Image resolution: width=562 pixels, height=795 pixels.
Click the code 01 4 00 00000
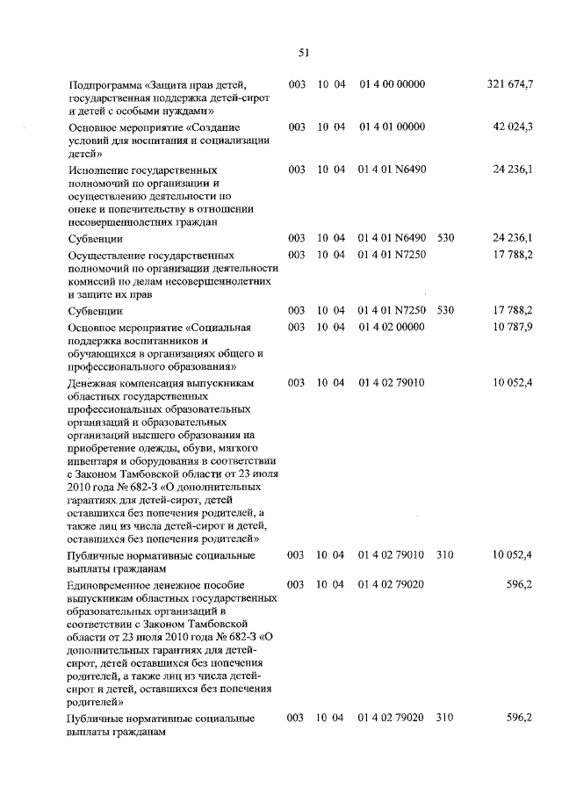point(392,83)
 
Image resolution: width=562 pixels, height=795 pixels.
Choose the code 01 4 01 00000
point(392,126)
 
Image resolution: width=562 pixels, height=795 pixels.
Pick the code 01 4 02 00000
point(392,326)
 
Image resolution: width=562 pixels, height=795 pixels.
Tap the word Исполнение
point(103,169)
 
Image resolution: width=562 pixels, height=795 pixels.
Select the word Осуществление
point(112,254)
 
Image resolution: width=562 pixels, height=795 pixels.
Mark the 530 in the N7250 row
point(445,310)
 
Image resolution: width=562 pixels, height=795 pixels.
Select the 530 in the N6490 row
point(445,237)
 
